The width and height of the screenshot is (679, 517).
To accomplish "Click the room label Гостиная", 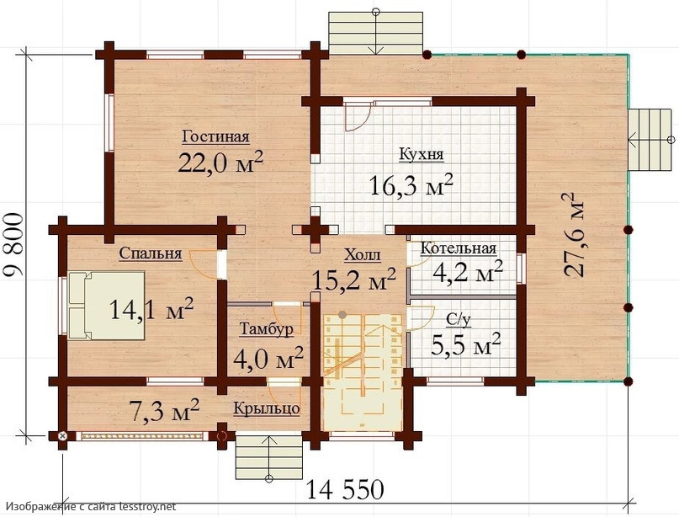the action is point(215,136).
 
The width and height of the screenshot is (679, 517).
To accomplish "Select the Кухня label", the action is point(422,154).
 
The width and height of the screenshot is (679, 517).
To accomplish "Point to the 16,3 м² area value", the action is point(411,185).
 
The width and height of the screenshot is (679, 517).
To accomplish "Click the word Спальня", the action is point(151,253).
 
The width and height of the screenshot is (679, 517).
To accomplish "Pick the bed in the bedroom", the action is point(106,306).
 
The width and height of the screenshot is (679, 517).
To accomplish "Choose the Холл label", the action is point(363,255).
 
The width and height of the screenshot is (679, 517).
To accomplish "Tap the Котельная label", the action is point(459,248).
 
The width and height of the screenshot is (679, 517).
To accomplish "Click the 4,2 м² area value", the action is point(468,272).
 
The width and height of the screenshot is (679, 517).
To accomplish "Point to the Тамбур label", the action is point(267,329).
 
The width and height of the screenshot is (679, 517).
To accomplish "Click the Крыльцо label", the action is point(267,408).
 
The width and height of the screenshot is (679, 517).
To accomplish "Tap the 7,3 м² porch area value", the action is point(164,410).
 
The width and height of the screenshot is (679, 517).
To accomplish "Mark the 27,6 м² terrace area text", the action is point(573,234).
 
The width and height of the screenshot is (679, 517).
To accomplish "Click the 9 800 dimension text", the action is point(13,245).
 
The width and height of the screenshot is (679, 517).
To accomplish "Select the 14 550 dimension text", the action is point(345,490).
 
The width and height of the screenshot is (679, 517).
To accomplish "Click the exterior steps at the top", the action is point(376,33).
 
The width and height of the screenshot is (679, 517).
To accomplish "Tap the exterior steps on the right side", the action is point(650,140).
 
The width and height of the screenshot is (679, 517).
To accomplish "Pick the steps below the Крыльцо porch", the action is point(269,457).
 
